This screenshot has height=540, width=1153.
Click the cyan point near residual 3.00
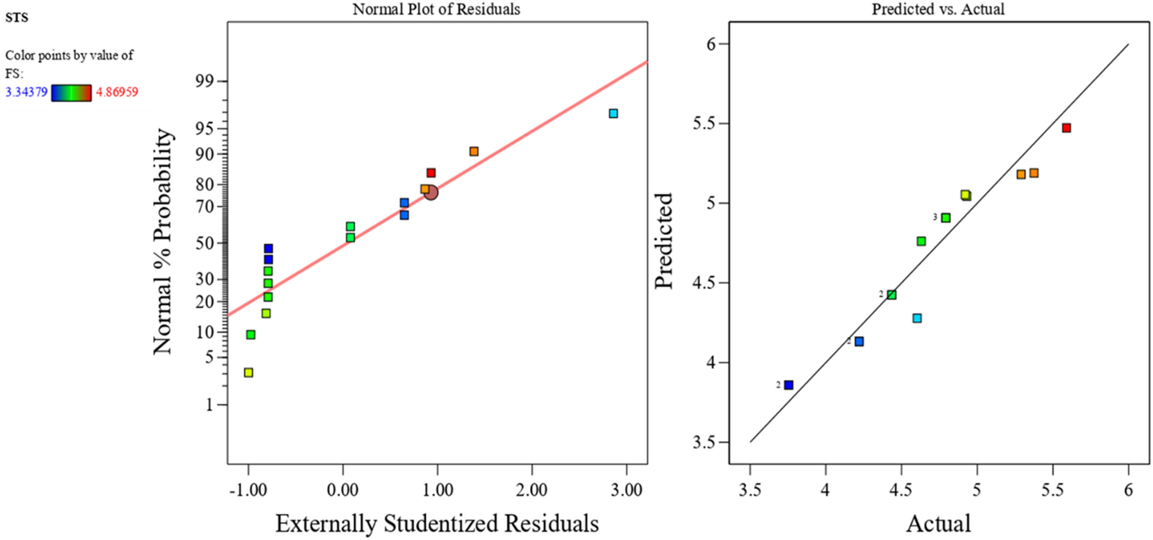click(x=613, y=114)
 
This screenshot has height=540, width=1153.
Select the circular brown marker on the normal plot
click(x=431, y=193)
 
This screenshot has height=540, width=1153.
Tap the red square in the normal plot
click(x=431, y=173)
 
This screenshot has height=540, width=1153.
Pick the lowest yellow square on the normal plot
click(x=248, y=373)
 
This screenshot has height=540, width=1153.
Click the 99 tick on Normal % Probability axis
click(x=204, y=81)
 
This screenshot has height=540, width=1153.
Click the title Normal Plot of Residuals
click(x=436, y=9)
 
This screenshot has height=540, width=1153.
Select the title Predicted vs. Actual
click(x=938, y=9)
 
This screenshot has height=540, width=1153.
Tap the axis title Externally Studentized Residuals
click(x=437, y=523)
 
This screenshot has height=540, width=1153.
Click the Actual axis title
click(x=938, y=523)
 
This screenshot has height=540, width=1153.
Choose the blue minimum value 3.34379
click(x=26, y=92)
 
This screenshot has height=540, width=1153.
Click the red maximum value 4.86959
click(x=117, y=92)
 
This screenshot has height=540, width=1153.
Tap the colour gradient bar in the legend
click(x=71, y=92)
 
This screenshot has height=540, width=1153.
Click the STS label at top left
click(x=17, y=18)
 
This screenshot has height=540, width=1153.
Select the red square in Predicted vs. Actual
click(x=1066, y=128)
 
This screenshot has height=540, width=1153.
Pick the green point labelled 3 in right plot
click(x=946, y=218)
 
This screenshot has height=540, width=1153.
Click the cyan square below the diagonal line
click(x=917, y=318)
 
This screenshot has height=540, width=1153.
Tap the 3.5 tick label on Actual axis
click(x=750, y=490)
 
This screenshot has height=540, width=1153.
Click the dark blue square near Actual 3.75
click(x=789, y=385)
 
